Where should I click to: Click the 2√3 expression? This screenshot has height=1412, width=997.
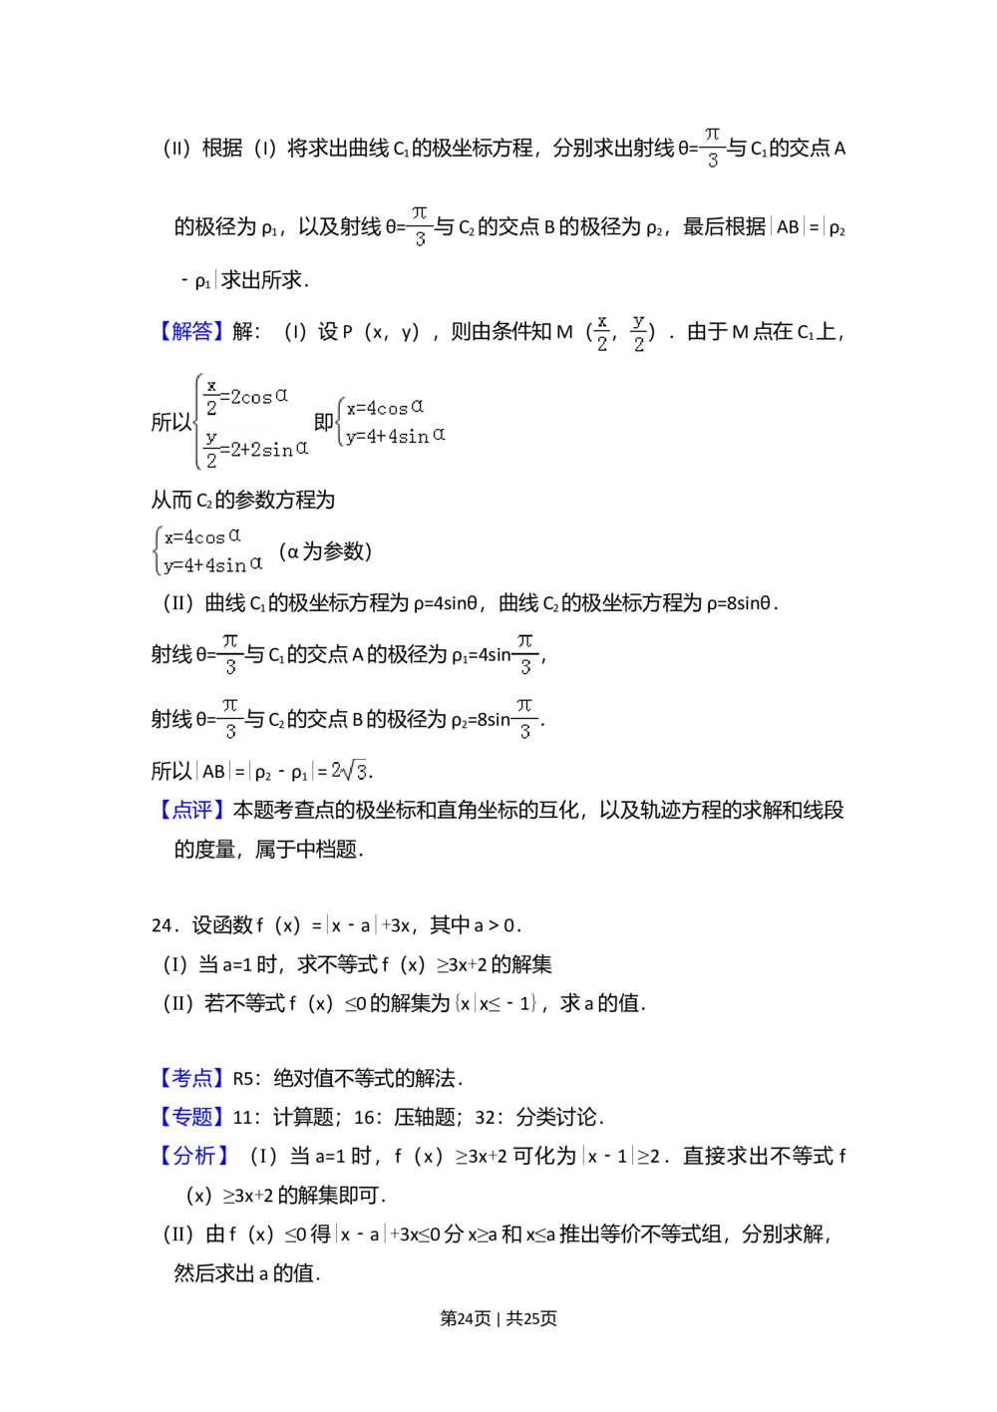[x=344, y=773]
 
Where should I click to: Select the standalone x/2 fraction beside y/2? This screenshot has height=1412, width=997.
[x=601, y=331]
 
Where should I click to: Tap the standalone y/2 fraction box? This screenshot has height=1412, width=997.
[x=638, y=331]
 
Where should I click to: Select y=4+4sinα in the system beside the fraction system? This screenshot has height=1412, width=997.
[x=395, y=435]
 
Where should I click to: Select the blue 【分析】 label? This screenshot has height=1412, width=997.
[x=194, y=1156]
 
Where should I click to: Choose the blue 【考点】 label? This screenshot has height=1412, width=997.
[x=190, y=1078]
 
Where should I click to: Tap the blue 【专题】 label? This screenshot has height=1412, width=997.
[x=190, y=1116]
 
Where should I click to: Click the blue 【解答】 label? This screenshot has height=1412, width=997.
[x=190, y=331]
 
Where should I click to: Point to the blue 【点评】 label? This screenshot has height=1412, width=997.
[x=190, y=809]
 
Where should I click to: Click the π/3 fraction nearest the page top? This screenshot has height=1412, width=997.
[x=713, y=148]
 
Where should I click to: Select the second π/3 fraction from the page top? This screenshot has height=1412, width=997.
[x=419, y=227]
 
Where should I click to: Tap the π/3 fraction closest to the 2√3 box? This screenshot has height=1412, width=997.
[x=230, y=718]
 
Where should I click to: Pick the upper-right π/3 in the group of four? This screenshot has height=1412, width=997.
[x=525, y=654]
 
